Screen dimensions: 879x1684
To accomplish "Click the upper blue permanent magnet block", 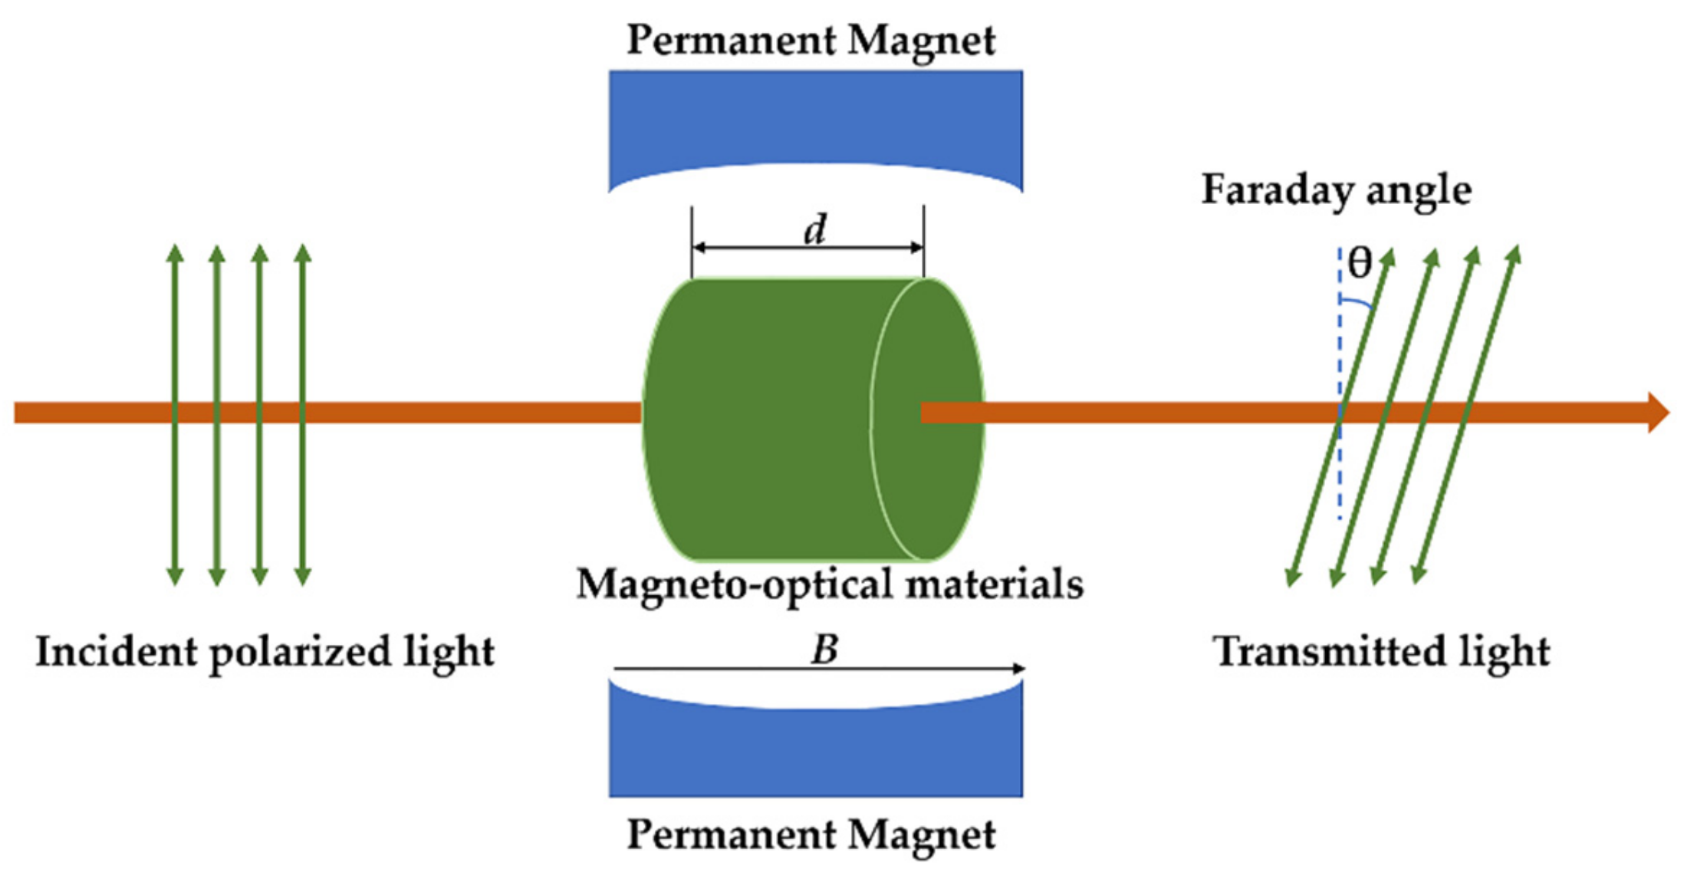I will point(815,115).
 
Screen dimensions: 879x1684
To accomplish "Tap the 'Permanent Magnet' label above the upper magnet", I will point(811,40).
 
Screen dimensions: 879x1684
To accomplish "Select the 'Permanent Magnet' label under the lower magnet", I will point(811,835).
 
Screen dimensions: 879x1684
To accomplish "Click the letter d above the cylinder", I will point(815,229).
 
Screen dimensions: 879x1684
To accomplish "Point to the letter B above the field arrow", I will point(824,650).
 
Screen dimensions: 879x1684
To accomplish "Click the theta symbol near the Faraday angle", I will point(1360,264).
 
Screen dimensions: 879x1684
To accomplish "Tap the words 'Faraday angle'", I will point(1336,190).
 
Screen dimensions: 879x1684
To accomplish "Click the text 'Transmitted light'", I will point(1381,652).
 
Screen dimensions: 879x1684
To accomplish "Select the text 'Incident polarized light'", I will point(265,652).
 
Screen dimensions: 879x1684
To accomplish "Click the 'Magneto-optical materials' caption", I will point(830,584).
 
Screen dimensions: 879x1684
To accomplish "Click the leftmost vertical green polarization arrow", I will point(176,345).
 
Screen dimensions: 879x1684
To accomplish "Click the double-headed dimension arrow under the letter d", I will point(807,248).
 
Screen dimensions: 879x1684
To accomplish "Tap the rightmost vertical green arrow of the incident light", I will point(303,345).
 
